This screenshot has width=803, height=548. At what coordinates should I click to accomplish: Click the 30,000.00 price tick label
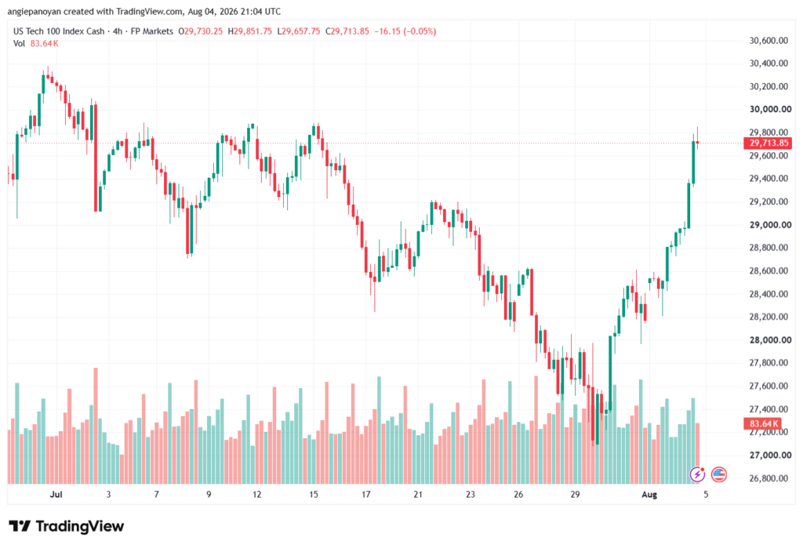770,109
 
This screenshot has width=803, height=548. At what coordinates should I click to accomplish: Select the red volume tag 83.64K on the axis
763,423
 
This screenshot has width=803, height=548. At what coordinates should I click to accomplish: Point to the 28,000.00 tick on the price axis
770,340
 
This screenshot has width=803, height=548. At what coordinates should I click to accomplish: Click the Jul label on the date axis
56,494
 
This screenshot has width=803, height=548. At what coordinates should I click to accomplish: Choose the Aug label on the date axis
649,494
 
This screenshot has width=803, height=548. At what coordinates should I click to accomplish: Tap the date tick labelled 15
314,494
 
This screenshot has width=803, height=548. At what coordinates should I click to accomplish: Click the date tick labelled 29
575,494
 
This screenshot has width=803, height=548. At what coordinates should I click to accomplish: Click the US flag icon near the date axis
719,474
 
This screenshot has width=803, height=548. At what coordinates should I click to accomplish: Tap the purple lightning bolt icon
697,474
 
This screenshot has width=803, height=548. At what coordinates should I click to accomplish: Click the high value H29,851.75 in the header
250,31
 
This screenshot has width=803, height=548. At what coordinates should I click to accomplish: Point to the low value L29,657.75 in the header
299,31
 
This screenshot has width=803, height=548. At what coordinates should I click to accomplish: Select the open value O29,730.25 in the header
200,31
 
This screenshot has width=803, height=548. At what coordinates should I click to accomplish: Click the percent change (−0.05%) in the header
420,31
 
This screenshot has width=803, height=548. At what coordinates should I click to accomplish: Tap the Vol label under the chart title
19,44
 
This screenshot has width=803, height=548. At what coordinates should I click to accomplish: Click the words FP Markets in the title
152,31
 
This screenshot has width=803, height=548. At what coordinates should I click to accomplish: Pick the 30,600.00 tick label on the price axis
768,41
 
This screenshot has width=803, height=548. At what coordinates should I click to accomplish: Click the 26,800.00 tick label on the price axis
768,478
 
